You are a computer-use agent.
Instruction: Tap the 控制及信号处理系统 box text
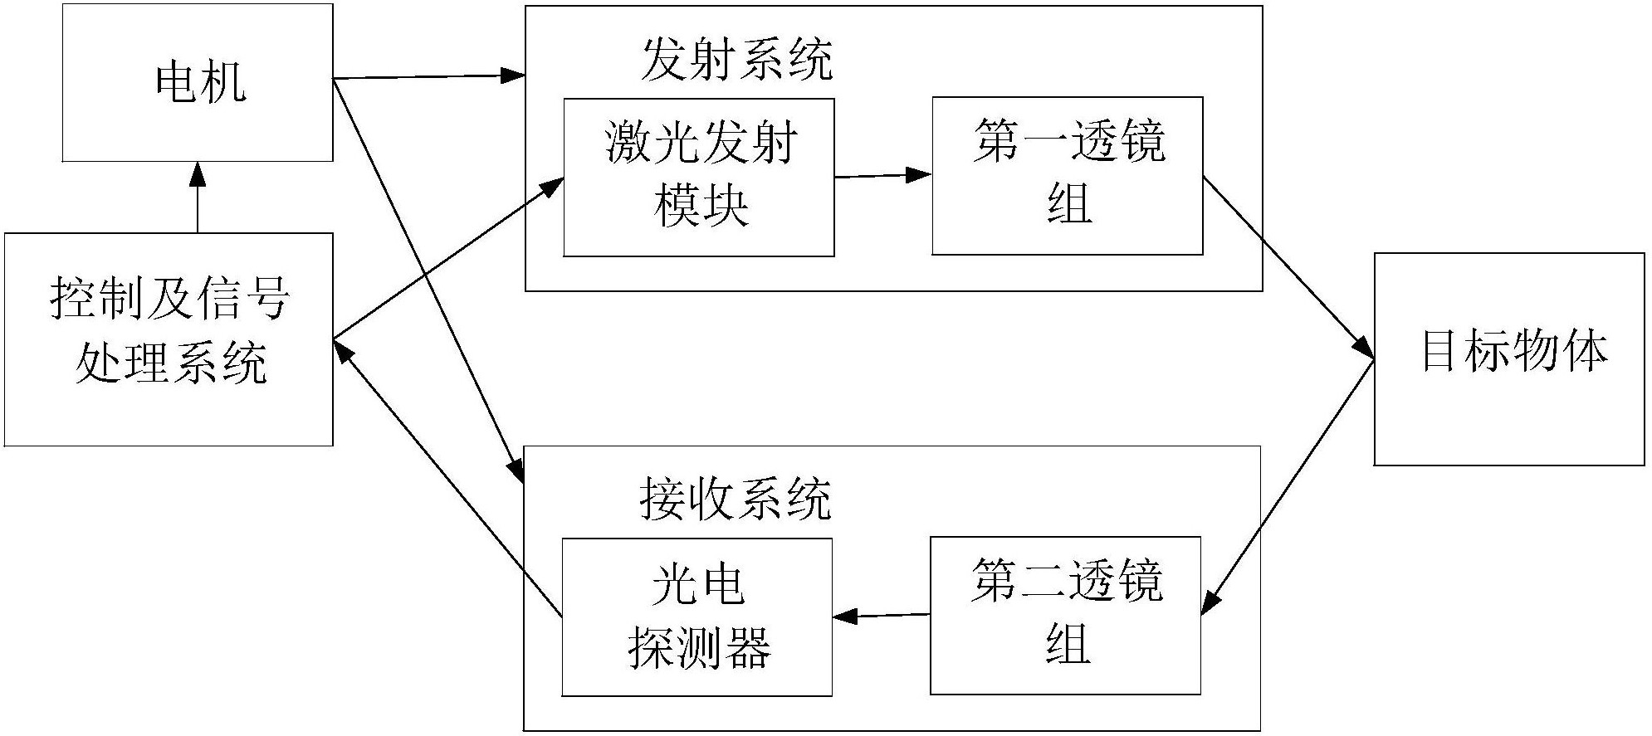169,332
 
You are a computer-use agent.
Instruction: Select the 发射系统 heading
736,60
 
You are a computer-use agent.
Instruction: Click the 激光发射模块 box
699,177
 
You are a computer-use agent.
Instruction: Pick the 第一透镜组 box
1068,175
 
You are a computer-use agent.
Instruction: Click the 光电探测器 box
697,617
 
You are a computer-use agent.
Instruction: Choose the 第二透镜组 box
1066,615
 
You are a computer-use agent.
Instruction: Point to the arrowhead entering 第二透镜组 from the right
1211,602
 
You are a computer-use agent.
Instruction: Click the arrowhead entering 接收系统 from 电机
516,473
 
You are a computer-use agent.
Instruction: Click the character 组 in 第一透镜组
1069,205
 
